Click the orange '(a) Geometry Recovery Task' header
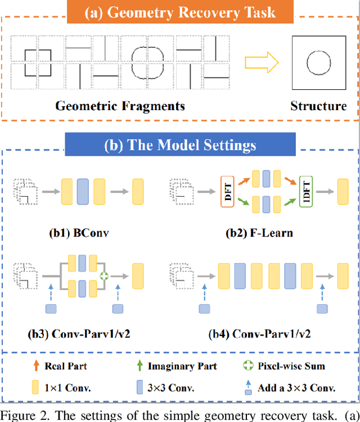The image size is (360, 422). click(179, 12)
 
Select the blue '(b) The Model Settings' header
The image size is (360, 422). click(180, 144)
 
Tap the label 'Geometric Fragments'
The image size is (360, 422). click(120, 106)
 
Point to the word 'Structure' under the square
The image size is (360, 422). click(318, 106)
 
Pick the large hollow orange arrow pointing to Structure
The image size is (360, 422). click(264, 61)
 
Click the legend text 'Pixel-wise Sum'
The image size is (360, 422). click(291, 366)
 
